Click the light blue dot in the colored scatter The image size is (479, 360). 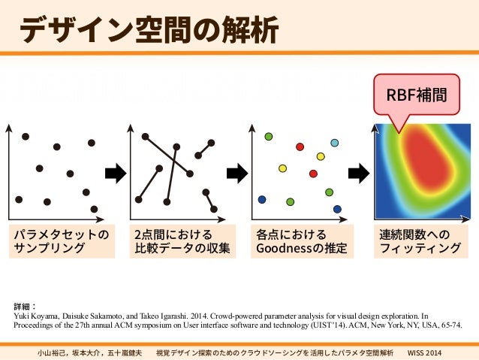(331, 141)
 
